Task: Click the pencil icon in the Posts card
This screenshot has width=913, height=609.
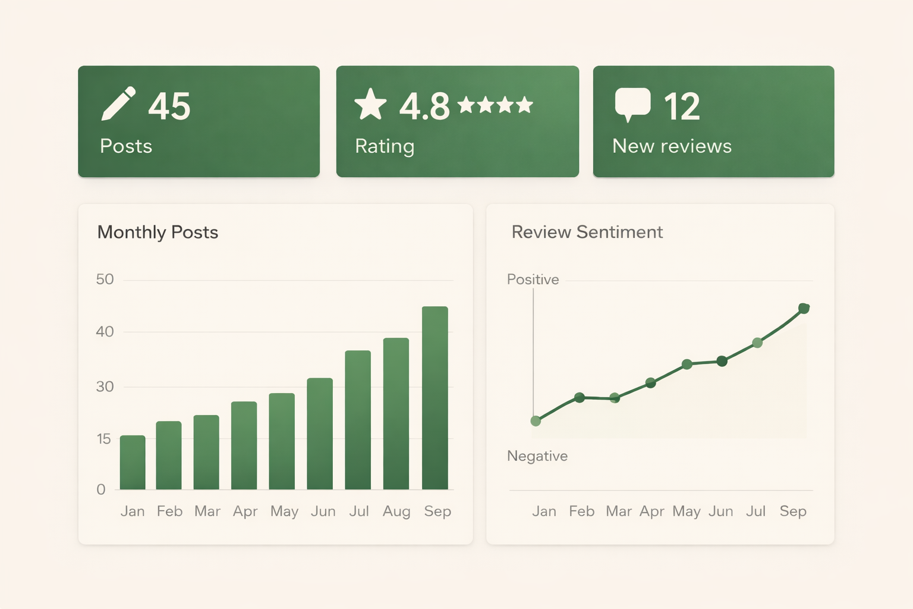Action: [x=118, y=104]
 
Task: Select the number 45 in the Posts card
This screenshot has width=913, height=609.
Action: [x=169, y=106]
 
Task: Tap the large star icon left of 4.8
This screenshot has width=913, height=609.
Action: [x=370, y=105]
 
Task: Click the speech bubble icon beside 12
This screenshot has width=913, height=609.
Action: [x=632, y=103]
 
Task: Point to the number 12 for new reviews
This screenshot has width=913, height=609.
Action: [x=682, y=107]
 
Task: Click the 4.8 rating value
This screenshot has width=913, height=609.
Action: [x=424, y=107]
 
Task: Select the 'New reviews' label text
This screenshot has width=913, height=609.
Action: [x=672, y=146]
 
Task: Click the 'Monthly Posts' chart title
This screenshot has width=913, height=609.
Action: [x=158, y=232]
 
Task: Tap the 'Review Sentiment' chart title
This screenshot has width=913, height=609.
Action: [x=587, y=232]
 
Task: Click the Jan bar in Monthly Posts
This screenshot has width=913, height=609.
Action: [x=133, y=462]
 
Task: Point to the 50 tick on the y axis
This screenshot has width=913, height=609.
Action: [x=105, y=280]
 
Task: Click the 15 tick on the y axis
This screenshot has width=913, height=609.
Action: [x=103, y=439]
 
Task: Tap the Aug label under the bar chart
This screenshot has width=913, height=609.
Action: [x=396, y=511]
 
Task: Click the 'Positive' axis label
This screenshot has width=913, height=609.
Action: [x=533, y=280]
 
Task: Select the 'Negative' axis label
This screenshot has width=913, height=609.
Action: [x=537, y=456]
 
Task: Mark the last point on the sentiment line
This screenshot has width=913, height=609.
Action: [x=804, y=308]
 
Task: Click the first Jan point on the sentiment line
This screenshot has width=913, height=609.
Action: [x=536, y=421]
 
